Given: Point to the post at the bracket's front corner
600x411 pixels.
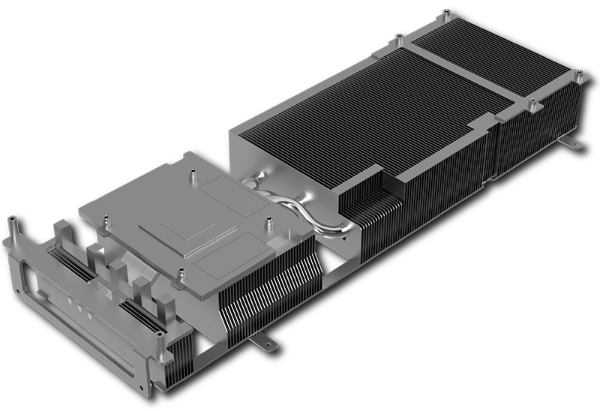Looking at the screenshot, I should (x=159, y=346).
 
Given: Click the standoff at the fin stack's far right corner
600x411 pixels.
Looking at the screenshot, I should (x=580, y=74).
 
